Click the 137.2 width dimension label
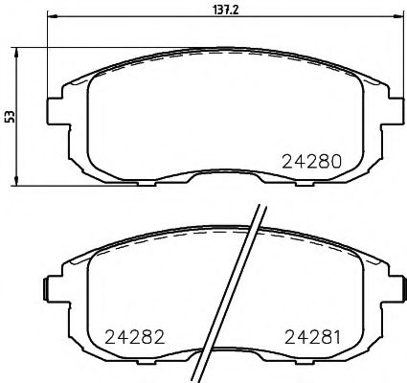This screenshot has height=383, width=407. coord(223,8)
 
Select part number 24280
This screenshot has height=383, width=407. coord(312,161)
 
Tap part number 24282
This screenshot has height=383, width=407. coord(123,336)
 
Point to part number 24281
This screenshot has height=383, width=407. coord(313,336)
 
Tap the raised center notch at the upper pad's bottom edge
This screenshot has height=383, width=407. coord(221,175)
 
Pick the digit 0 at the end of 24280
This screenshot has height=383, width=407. coord(336,161)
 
